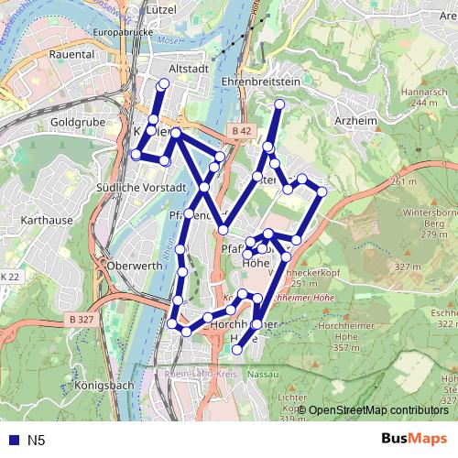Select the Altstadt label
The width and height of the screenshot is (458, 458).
(190, 68)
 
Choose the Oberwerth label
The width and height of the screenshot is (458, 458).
(135, 266)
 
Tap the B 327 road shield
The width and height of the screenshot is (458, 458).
(82, 320)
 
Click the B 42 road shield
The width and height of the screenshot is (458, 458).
(241, 132)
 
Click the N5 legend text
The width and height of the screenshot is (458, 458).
(37, 441)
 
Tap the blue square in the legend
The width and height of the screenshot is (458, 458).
(11, 441)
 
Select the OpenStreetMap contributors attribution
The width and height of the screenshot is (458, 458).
(377, 410)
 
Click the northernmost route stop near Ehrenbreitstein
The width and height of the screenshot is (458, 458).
(279, 104)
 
